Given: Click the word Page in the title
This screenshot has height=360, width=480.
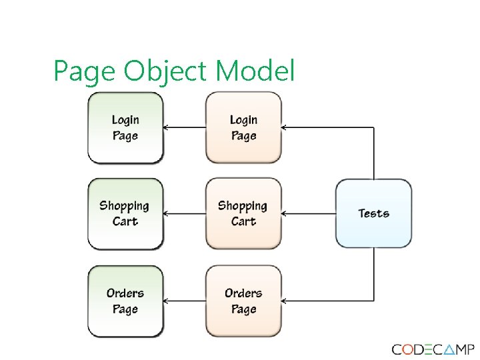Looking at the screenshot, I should (85, 72).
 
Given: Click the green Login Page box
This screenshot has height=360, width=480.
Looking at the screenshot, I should (125, 128).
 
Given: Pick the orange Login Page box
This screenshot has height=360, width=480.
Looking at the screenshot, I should (243, 128).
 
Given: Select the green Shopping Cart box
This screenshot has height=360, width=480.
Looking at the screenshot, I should (125, 213).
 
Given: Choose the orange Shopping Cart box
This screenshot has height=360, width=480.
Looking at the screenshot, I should (243, 213).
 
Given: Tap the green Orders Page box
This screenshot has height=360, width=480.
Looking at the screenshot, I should (125, 301).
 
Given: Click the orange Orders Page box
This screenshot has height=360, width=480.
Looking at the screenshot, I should (243, 301).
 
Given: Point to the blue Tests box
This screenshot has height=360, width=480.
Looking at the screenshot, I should (373, 213).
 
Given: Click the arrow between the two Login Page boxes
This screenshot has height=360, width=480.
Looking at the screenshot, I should (185, 127).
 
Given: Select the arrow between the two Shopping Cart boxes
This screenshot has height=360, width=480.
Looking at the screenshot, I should (185, 214).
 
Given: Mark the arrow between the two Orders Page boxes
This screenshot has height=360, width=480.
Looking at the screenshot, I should (185, 301).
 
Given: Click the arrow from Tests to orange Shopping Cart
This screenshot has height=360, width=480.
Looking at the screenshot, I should (309, 214).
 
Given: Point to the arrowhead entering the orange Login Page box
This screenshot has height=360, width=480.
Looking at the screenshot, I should (285, 127).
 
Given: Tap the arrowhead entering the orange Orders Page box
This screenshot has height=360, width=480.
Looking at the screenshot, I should (285, 301).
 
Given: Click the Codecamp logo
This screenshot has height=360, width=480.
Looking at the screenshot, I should (433, 349).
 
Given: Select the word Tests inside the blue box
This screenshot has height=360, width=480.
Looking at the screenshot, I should (373, 213).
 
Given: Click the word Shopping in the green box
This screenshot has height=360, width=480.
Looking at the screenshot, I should (125, 205).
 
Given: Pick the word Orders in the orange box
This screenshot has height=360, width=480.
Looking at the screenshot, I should (243, 293).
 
